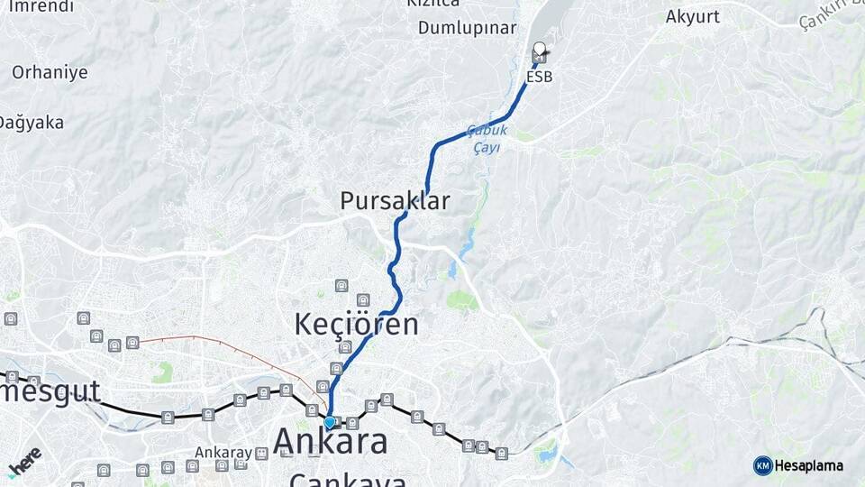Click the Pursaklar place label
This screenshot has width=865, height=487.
coord(395,201)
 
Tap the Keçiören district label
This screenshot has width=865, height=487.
coord(357,325)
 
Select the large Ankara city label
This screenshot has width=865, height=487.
coord(331,441)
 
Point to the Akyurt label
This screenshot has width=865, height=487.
coord(693,16)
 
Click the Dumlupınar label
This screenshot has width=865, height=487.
coord(467,28)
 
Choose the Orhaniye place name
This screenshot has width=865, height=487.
coord(50,72)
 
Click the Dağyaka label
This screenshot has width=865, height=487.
coord(32,122)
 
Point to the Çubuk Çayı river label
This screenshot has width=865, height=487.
coord(488,139)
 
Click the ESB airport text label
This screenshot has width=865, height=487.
coord(539,78)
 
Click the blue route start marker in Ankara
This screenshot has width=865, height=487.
coord(330,421)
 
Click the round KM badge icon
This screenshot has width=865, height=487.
coord(762,465)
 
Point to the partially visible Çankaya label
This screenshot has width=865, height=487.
coord(348,480)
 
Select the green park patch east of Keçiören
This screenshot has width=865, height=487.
coord(462,300)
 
